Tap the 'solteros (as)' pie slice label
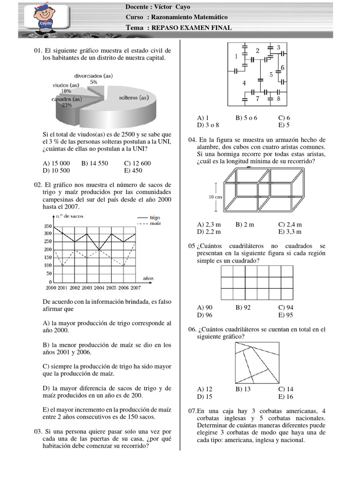(134, 97)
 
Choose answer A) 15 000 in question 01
(56, 163)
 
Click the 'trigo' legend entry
(154, 218)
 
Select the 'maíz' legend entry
(155, 224)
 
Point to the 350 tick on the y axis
(48, 226)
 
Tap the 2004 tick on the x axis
(99, 287)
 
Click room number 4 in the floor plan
(243, 83)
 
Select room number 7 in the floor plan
(257, 99)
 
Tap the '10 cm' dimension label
(216, 197)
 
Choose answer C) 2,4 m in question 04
(290, 225)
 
